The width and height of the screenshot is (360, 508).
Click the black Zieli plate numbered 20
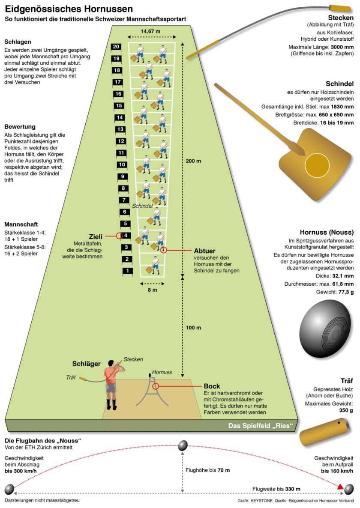point(115,47)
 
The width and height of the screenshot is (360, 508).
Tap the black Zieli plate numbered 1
point(127,271)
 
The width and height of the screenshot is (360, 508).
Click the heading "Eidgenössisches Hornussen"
point(69,9)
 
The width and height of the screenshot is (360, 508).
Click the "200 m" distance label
point(193,161)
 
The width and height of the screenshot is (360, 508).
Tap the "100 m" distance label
point(193,328)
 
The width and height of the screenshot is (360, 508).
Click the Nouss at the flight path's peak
point(183,446)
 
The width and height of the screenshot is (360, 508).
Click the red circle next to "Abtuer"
point(163,250)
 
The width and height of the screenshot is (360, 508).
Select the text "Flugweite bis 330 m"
point(276,489)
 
